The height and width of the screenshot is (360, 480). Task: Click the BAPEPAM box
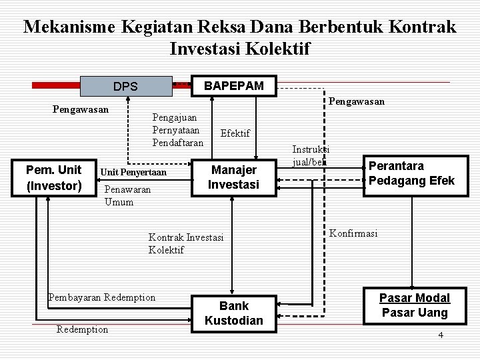[233, 85]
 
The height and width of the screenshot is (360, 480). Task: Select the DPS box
[125, 86]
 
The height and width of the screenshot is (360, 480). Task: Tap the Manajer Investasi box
[233, 177]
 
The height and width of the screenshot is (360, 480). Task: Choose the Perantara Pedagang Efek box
[411, 173]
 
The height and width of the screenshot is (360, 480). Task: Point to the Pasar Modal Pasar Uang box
[415, 305]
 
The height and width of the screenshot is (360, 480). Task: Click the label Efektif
[235, 133]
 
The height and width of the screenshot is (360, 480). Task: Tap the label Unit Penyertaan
[133, 172]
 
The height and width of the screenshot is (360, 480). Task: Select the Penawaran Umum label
[127, 195]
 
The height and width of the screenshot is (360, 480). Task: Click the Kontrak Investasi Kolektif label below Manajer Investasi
[186, 243]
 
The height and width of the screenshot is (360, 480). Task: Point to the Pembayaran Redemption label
[102, 297]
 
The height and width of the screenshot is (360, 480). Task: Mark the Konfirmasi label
[353, 233]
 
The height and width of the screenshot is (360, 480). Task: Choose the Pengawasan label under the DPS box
[81, 107]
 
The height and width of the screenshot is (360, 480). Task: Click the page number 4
[440, 334]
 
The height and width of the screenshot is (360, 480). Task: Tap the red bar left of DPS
[57, 85]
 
